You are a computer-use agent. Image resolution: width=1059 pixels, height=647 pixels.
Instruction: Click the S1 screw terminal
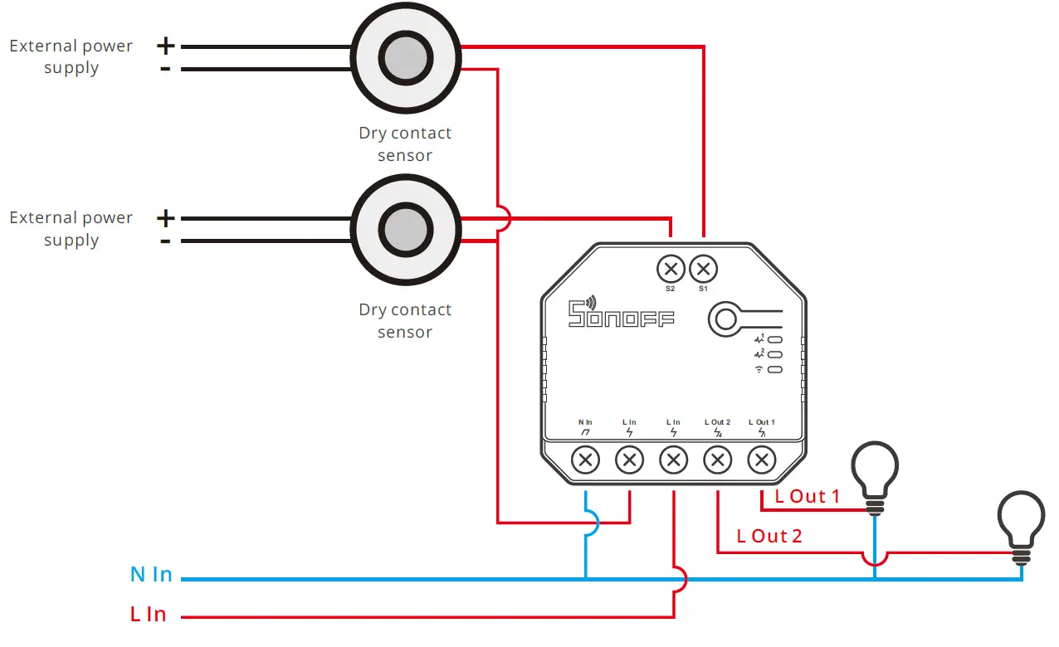click(703, 269)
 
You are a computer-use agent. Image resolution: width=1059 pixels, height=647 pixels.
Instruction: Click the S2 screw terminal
click(671, 269)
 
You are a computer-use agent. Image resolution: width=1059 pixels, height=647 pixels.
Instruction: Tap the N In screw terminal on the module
click(585, 460)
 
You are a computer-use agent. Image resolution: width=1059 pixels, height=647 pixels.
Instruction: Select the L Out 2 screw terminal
click(717, 460)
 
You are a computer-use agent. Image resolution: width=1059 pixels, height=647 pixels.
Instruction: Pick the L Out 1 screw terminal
click(761, 460)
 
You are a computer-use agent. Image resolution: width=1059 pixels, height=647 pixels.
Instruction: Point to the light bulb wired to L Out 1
click(875, 477)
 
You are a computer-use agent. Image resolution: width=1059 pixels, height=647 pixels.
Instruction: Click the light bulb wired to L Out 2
click(1021, 527)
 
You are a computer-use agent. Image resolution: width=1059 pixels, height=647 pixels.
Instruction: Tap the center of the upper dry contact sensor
click(406, 58)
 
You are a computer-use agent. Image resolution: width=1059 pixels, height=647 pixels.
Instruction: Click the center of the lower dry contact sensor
click(406, 230)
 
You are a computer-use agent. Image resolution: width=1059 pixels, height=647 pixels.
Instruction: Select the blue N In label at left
click(151, 574)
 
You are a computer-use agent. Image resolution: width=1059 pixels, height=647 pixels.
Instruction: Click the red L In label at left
click(148, 614)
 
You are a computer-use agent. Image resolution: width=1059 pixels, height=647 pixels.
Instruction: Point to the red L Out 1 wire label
click(807, 496)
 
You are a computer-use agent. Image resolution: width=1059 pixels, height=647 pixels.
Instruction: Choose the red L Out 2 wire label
click(769, 536)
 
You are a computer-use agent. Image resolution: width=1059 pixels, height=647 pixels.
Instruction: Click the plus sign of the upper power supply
click(165, 46)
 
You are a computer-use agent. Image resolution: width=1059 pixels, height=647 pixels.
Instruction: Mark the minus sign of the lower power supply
click(165, 241)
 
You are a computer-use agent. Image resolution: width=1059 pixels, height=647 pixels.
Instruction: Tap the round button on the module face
click(725, 319)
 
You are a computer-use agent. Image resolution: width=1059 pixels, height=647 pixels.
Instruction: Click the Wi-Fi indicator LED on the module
click(775, 370)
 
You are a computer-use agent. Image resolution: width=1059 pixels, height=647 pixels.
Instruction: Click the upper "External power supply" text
click(71, 56)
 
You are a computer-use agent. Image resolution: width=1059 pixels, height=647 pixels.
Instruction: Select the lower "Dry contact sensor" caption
click(405, 320)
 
